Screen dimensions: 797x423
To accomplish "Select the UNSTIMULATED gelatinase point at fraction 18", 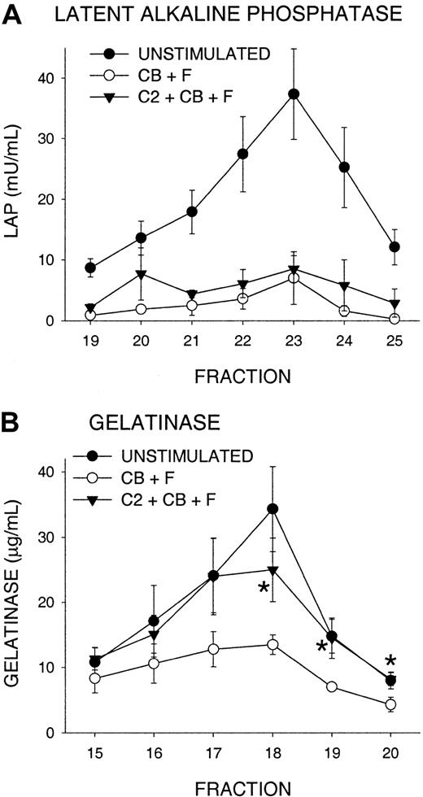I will (273, 509).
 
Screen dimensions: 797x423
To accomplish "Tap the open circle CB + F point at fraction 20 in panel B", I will (368, 704).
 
